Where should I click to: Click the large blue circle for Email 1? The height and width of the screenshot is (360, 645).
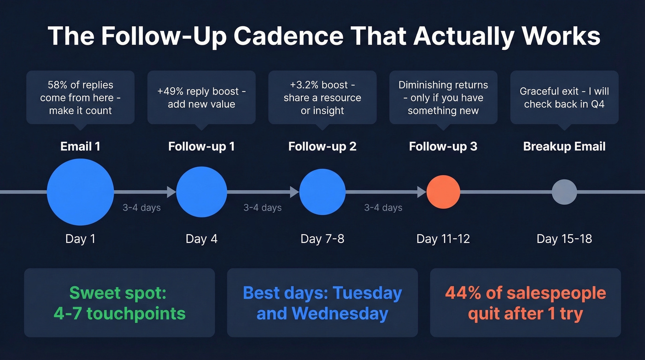(x=81, y=192)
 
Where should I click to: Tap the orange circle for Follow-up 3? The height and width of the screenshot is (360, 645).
(x=443, y=192)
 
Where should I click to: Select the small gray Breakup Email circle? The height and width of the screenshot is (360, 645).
(x=564, y=192)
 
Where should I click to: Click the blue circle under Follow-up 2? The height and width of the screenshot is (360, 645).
(x=322, y=192)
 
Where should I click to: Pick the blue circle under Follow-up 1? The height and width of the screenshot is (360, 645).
(x=202, y=192)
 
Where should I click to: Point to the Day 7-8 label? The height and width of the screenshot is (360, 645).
(x=322, y=239)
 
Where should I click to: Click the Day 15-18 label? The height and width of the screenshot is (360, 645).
(x=564, y=239)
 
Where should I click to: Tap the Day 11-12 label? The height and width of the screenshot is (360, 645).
(x=443, y=239)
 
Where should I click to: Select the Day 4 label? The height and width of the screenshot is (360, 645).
(x=202, y=239)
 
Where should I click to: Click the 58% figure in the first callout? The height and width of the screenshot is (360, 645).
(x=58, y=85)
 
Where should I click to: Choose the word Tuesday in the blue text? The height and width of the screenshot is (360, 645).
(x=367, y=293)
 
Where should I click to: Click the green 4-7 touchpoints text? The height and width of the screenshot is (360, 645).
(x=119, y=313)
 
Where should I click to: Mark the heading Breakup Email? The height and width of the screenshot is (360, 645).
(x=564, y=147)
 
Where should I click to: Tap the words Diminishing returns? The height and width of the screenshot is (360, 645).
(x=443, y=85)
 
